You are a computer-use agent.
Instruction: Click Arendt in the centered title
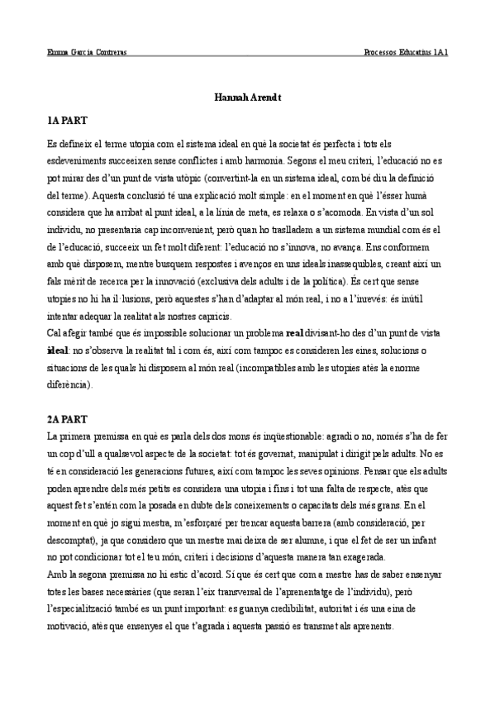[x=267, y=98]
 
